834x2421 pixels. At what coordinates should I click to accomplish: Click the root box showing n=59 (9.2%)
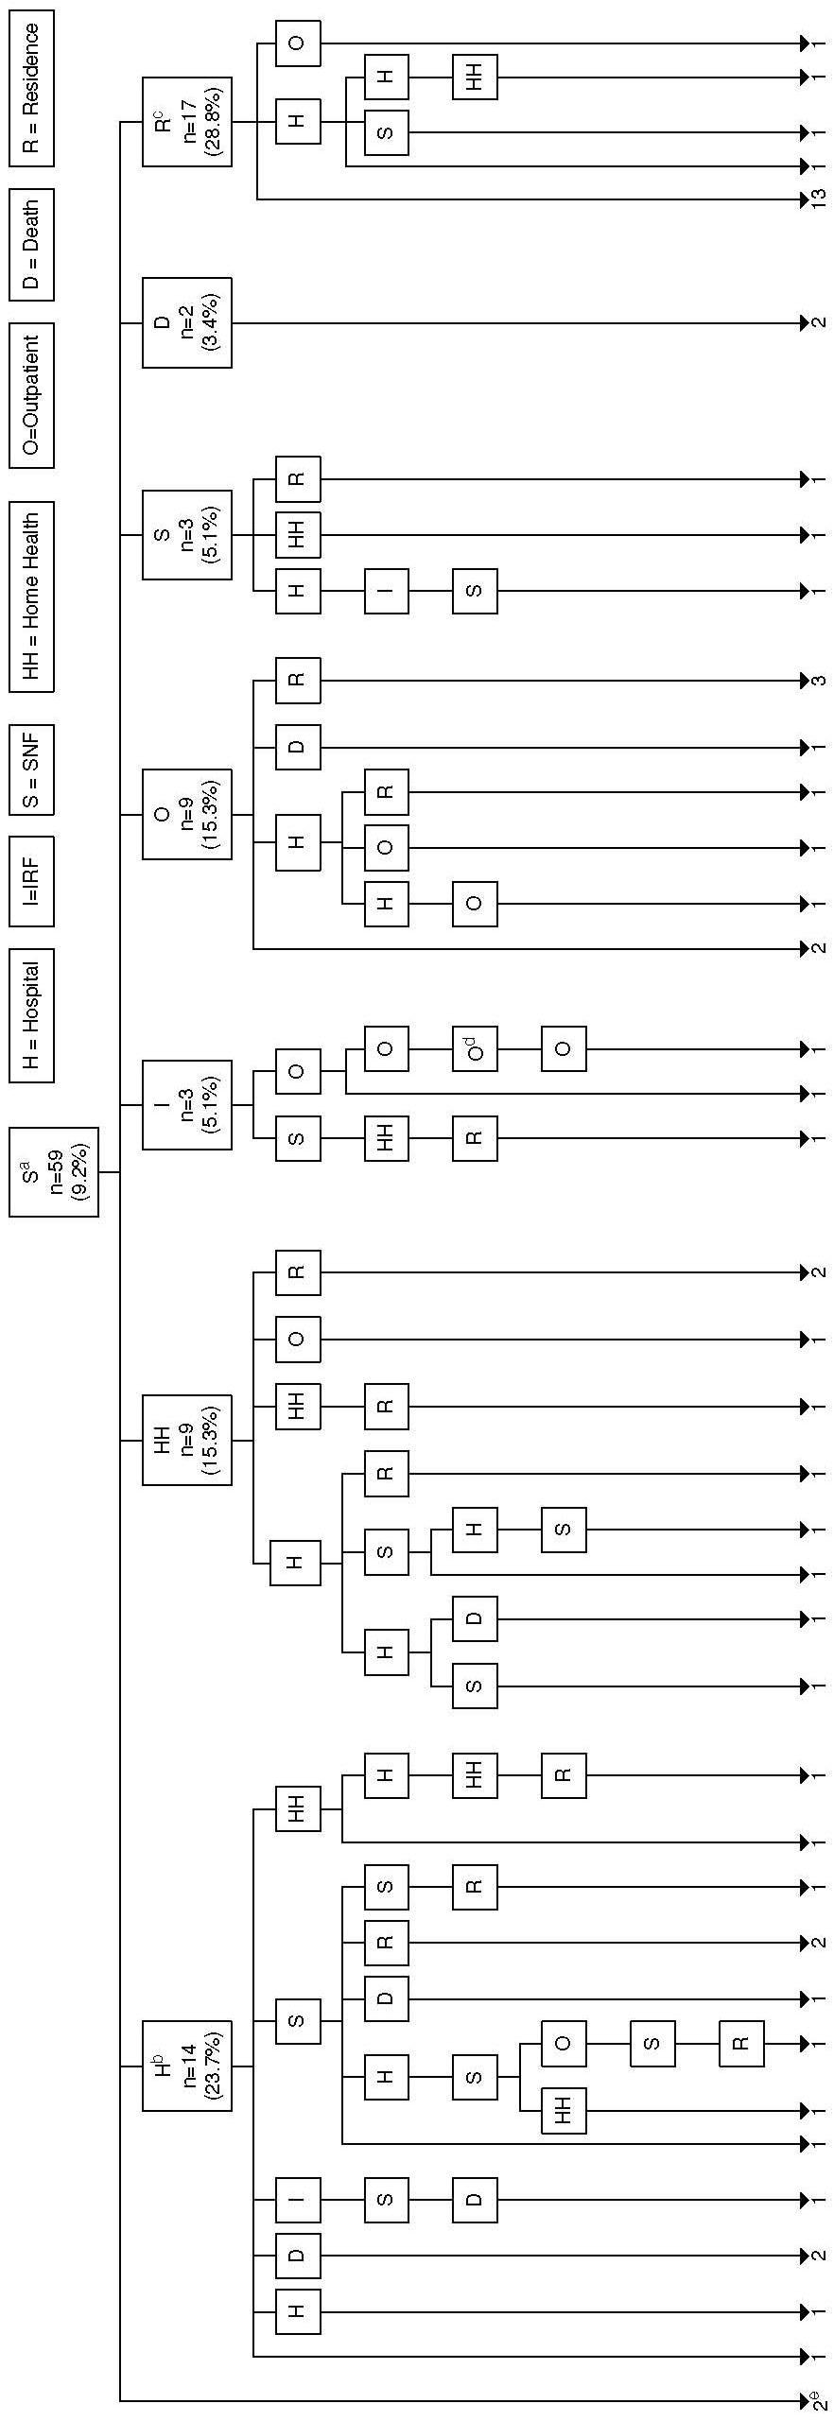tap(54, 1171)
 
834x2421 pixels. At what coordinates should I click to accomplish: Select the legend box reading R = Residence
tap(31, 88)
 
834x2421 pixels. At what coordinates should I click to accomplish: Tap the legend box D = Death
tap(31, 244)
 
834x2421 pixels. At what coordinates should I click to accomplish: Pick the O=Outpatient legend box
tap(31, 395)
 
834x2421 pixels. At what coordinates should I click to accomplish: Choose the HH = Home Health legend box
tap(31, 597)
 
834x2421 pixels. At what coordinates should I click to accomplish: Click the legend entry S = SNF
tap(31, 769)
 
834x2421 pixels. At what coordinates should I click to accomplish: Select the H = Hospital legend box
tap(31, 1014)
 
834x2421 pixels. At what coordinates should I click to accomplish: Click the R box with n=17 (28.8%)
tap(186, 122)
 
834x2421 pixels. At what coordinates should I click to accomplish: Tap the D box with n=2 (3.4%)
tap(186, 322)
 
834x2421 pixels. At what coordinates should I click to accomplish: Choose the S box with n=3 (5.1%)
tap(186, 534)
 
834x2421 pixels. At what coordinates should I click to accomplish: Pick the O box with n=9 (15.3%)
tap(186, 814)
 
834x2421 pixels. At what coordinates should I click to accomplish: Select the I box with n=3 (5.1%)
tap(186, 1104)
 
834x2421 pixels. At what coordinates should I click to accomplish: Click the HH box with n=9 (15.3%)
tap(186, 1440)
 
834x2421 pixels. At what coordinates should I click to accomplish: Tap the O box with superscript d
tap(475, 1049)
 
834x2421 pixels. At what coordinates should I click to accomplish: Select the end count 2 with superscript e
tap(817, 2399)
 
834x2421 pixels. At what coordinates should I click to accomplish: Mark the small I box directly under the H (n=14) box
tap(298, 2200)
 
